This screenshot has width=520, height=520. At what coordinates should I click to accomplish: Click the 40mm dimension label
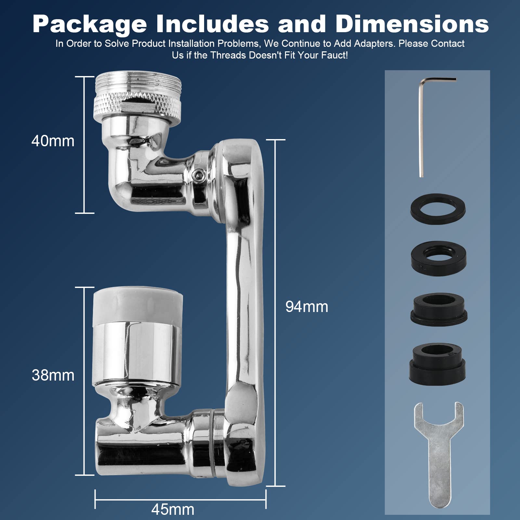pos(53,141)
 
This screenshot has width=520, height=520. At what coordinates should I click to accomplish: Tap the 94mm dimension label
pos(307,307)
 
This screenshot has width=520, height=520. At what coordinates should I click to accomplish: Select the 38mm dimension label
pos(53,375)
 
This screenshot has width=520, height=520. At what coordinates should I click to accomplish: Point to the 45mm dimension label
pos(173,509)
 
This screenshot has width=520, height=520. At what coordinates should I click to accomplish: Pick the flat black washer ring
pos(438,207)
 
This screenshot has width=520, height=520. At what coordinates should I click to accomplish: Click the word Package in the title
pos(90,24)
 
